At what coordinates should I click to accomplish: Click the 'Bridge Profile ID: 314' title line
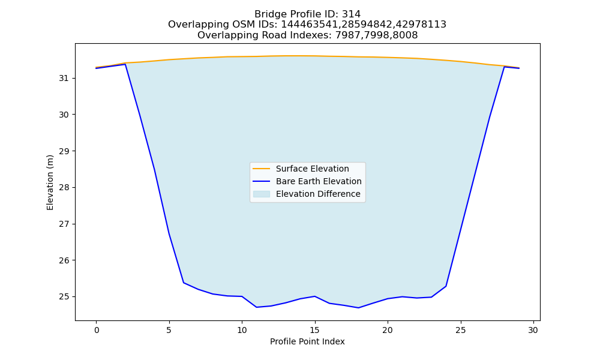click(x=307, y=14)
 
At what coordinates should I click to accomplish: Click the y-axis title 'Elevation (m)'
click(x=50, y=182)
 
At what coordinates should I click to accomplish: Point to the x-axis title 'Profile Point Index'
click(x=307, y=341)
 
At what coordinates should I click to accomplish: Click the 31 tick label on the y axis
click(x=64, y=79)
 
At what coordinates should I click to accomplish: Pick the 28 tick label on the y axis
click(x=64, y=187)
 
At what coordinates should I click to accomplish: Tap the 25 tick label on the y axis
click(x=64, y=297)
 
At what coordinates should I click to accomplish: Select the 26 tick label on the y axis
click(x=64, y=260)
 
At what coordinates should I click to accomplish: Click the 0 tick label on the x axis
click(x=97, y=330)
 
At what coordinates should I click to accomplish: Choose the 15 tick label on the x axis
click(x=314, y=330)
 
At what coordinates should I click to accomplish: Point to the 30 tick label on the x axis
click(x=533, y=330)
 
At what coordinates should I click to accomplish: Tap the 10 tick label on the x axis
click(x=242, y=330)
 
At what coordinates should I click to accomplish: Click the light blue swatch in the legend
click(x=262, y=194)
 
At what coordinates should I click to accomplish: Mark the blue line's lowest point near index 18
click(x=358, y=308)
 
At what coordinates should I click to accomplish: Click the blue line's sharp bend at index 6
click(x=184, y=283)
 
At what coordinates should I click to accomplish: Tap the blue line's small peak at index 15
click(x=314, y=296)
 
